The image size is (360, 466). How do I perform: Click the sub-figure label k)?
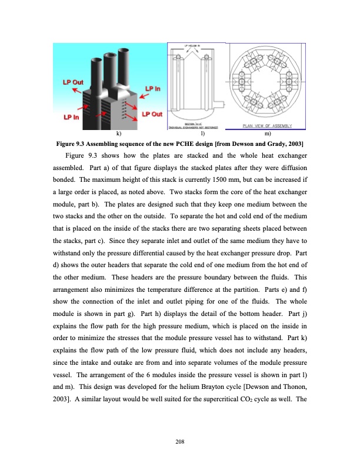coord(120,135)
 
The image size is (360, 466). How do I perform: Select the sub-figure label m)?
coord(269,135)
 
